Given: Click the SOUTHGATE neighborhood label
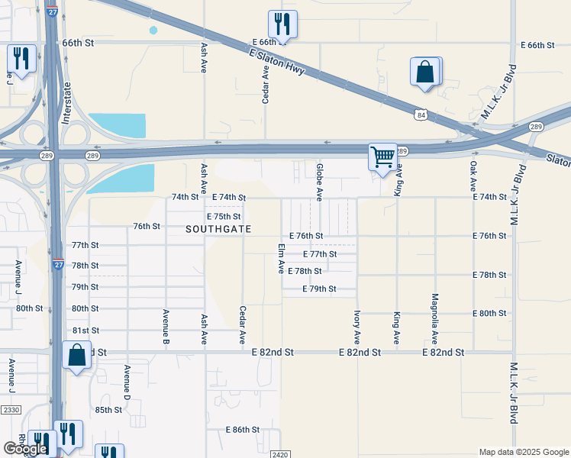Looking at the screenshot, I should (218, 229).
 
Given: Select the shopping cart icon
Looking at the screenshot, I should (382, 157).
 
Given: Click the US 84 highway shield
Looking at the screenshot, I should (421, 114).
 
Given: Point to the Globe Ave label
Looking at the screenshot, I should (320, 178).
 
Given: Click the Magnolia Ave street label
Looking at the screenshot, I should (434, 319).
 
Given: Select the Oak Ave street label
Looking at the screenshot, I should (473, 176).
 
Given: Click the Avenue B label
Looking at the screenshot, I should (166, 327).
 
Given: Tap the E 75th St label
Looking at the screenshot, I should (227, 217).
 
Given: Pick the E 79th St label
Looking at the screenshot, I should (319, 289).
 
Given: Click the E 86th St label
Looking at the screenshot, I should (243, 430).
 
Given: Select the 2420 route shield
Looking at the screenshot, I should (279, 453).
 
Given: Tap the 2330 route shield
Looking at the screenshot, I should (11, 410).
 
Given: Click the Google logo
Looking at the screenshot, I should (25, 449).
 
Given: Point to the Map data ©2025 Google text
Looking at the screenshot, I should (523, 452).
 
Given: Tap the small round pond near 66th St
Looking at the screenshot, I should (153, 30).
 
